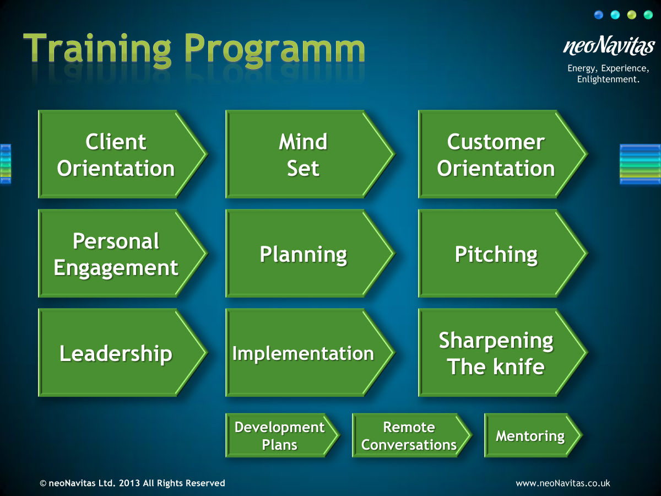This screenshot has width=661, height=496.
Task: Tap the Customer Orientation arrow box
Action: pos(496,154)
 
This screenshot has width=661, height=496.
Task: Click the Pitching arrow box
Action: pos(496,254)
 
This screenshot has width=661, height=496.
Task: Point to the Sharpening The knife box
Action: pos(496,353)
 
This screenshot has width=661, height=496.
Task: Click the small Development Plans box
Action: pos(280,435)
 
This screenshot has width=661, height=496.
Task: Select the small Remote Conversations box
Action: pos(409,435)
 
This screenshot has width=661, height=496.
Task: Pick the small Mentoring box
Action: pos(530,435)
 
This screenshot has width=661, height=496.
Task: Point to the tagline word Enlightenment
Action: pos(607,79)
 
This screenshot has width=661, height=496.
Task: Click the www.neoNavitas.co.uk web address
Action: pos(562,483)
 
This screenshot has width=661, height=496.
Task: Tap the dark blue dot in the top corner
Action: pos(599,15)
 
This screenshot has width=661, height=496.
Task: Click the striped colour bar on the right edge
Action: pos(640,164)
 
